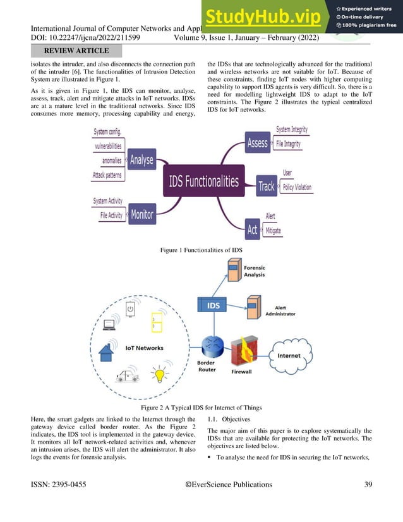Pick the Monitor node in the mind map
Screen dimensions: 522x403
coord(142,214)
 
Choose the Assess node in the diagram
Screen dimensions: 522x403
coord(258,143)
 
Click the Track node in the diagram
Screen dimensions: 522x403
coord(267,186)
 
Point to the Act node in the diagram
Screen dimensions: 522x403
coord(253,229)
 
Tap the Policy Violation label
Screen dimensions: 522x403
coord(297,188)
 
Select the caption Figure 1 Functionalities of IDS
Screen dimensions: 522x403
coord(201,251)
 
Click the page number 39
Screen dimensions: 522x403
coord(368,485)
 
